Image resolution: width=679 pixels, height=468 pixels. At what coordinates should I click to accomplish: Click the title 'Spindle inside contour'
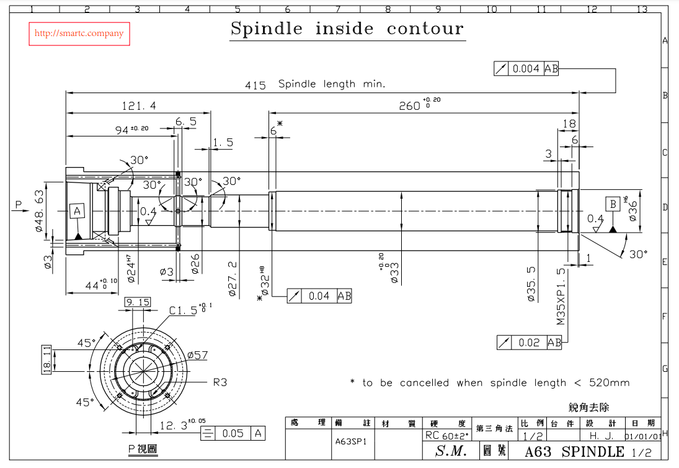point(347,29)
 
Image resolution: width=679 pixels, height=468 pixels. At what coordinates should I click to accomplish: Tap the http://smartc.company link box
point(79,34)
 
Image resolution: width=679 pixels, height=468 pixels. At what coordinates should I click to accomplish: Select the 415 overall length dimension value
point(255,85)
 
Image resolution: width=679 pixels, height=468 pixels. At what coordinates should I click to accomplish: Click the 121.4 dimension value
point(139,106)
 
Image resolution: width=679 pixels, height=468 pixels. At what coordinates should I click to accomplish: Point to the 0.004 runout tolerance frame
point(526,69)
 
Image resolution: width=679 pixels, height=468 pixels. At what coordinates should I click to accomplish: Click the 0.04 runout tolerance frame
point(319,296)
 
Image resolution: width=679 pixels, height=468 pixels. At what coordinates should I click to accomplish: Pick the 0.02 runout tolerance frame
point(530,342)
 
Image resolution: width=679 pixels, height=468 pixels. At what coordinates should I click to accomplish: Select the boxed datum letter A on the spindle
point(77,212)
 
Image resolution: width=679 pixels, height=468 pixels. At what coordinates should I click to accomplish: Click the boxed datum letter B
point(613,204)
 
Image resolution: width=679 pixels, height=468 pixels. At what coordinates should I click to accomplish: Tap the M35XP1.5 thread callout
point(561,297)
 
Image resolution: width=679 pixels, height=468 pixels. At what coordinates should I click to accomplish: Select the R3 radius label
point(220,382)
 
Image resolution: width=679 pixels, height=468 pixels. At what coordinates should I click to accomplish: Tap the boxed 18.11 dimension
point(47,359)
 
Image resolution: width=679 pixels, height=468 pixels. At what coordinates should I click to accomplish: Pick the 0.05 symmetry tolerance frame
point(233,433)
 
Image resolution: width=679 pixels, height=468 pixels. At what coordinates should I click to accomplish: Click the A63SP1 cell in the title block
point(351,442)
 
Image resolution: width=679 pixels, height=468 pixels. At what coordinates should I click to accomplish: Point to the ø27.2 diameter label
point(233,278)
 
